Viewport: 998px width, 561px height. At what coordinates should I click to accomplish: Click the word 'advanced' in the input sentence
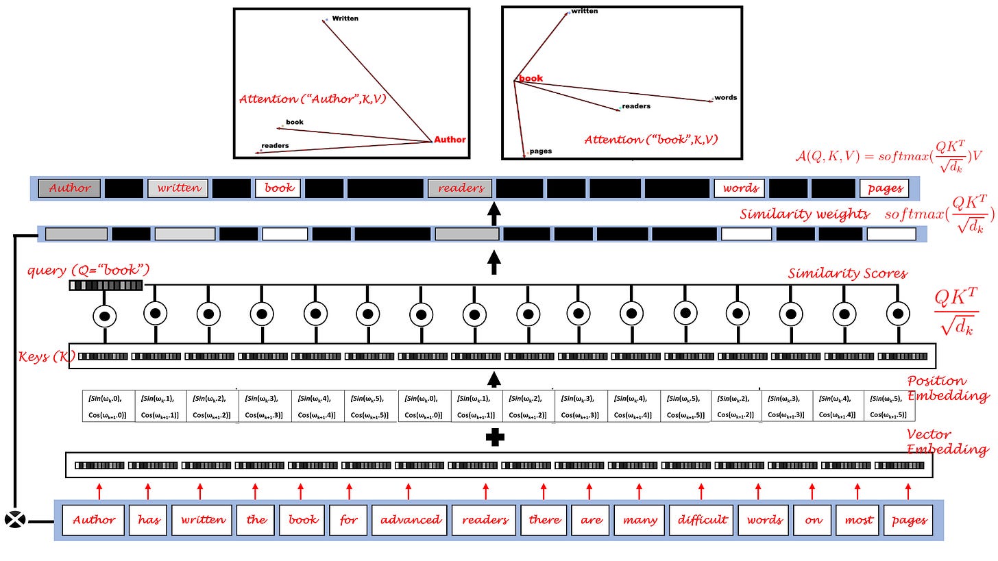click(x=411, y=520)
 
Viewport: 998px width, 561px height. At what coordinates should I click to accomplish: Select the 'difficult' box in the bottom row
click(x=702, y=520)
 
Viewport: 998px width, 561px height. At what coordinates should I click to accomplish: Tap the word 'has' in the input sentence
click(x=149, y=520)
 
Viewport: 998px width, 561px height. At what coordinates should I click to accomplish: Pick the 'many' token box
click(x=639, y=520)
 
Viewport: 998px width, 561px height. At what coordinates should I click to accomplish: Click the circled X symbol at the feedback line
click(x=15, y=520)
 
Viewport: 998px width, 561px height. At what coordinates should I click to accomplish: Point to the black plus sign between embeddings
click(x=495, y=437)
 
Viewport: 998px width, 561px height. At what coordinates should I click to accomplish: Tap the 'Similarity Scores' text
click(x=847, y=274)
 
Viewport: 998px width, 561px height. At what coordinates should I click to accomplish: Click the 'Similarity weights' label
click(x=805, y=214)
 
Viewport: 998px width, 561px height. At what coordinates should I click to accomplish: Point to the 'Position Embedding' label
click(x=947, y=388)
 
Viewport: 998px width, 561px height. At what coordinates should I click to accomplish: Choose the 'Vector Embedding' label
click(x=947, y=442)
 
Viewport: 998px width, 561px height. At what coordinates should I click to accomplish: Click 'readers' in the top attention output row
click(x=461, y=188)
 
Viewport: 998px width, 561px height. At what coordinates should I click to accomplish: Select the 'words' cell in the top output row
click(x=740, y=188)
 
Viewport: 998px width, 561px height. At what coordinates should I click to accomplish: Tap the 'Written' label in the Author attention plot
click(x=345, y=18)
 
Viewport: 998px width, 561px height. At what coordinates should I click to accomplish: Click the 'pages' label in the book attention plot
click(x=540, y=151)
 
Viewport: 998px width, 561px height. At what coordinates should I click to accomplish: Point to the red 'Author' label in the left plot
click(x=450, y=140)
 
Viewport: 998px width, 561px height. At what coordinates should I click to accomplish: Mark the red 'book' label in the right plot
click(x=531, y=79)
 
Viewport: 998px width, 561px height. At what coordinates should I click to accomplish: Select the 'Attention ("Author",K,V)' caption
click(x=312, y=99)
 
